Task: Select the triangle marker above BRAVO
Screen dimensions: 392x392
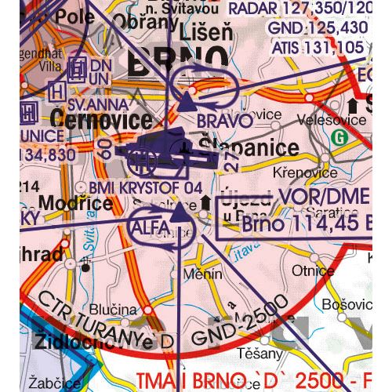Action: coord(188,100)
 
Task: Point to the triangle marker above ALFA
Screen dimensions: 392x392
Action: coord(180,212)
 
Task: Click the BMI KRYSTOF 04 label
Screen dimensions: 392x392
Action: coord(145,187)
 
